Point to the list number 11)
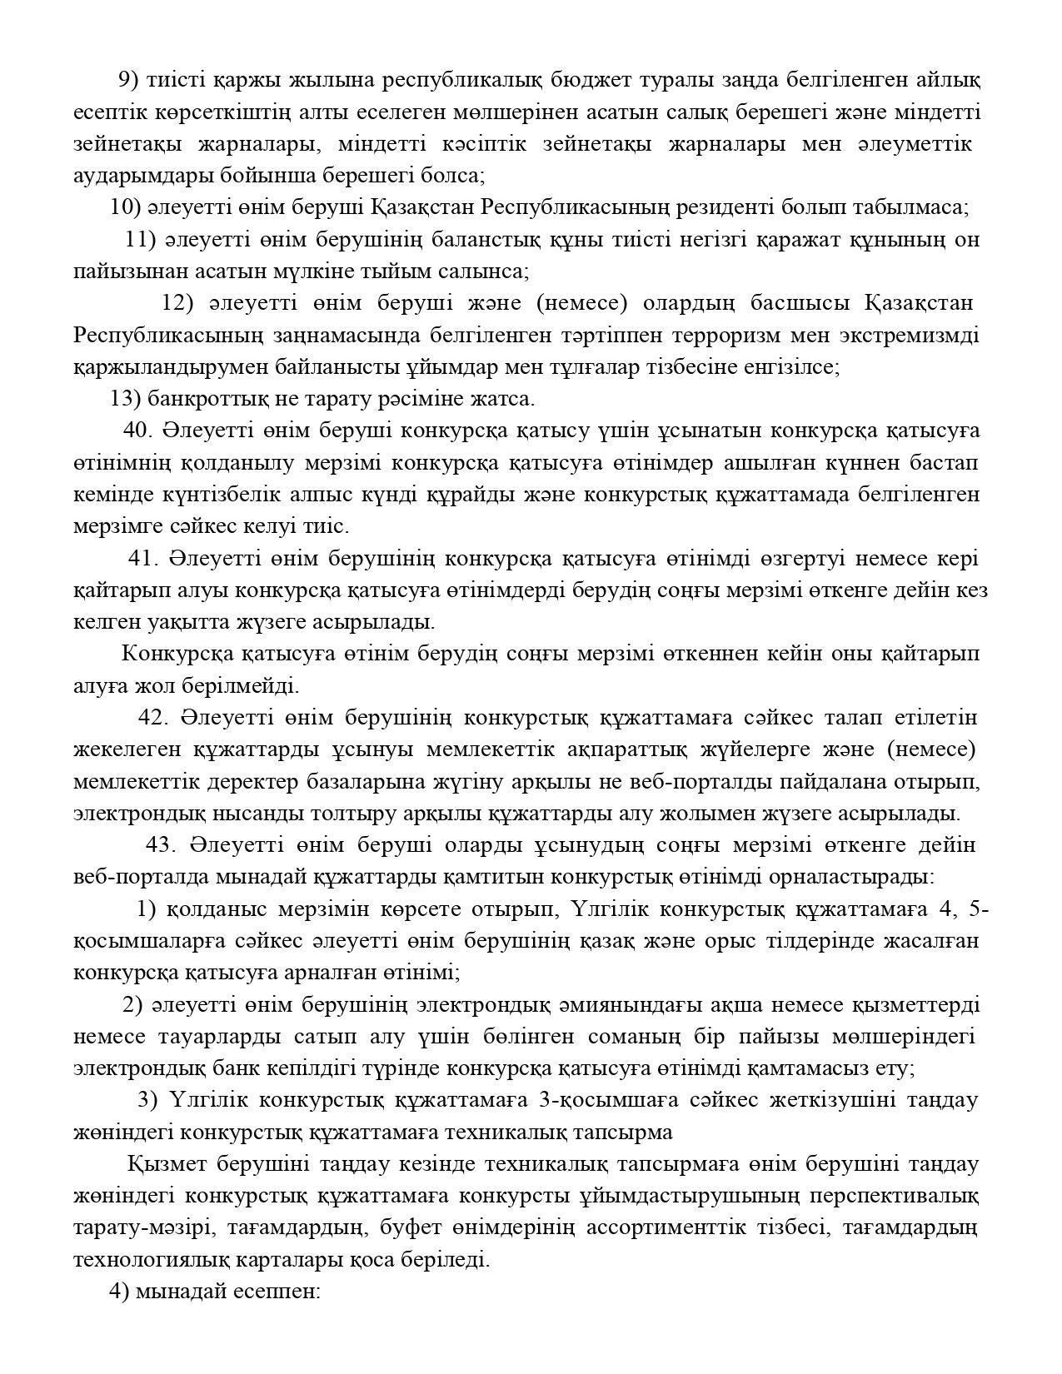point(141,240)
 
